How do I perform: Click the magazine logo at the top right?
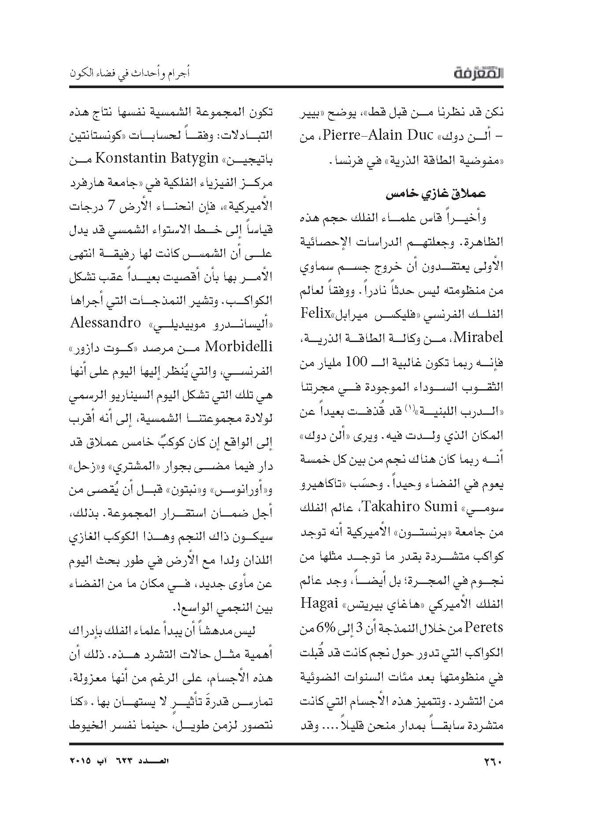[x=479, y=74]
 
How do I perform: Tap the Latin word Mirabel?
[x=478, y=338]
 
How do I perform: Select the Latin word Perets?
[x=484, y=626]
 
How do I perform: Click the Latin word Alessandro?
[x=105, y=323]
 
